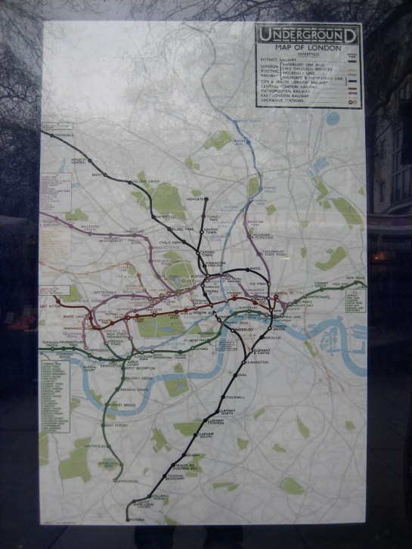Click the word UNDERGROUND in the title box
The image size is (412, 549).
tap(308, 34)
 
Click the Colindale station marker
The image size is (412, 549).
tap(45, 134)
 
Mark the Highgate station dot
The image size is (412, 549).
tap(206, 200)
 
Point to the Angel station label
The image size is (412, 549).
tap(255, 268)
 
